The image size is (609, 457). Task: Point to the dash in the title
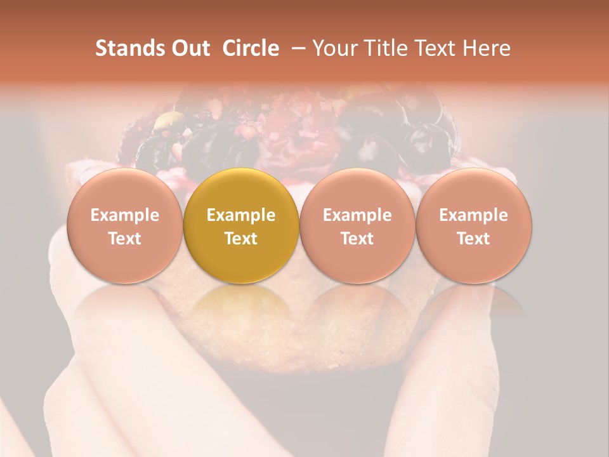coord(296,48)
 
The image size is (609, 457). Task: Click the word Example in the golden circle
coord(241,215)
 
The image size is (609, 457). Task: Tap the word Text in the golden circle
coord(241,239)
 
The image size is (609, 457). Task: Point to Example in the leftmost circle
coord(124,215)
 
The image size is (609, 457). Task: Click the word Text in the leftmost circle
coord(124,239)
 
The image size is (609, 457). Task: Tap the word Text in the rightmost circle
coord(474,239)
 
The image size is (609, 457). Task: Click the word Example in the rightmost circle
coord(474,215)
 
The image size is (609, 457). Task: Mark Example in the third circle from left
coord(357,215)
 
